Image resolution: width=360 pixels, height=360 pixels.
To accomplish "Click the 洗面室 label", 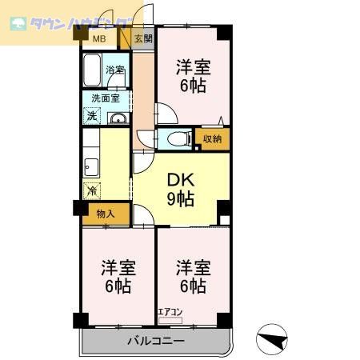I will tap(106, 98).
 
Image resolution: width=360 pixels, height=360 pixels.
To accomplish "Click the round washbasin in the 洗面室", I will tap(118, 120).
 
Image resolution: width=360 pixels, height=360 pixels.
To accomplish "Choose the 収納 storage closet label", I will tap(212, 139).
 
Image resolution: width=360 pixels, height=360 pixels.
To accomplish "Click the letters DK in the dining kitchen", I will tap(181, 179).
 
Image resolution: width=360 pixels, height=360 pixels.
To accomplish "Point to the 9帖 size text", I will tap(181, 198).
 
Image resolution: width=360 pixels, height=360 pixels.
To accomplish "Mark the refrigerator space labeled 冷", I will tap(92, 191).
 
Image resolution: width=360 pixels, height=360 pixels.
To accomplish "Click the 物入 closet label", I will tap(105, 214).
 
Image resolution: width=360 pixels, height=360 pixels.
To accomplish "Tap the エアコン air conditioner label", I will tap(170, 312).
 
